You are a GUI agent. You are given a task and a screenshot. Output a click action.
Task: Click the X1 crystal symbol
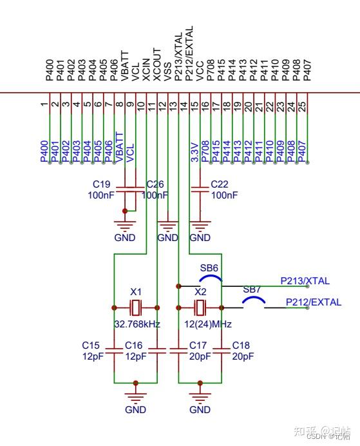point(135,307)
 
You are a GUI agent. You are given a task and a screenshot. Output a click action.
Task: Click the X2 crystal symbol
point(200,307)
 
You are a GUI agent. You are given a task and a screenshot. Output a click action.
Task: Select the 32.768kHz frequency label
point(137,324)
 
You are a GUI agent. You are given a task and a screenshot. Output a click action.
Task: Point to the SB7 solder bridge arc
point(253,300)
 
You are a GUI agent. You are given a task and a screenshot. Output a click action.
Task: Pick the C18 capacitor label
point(241,345)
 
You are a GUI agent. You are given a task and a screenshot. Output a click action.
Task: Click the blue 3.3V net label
point(194,153)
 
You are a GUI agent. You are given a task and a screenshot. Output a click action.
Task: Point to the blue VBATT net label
point(119,148)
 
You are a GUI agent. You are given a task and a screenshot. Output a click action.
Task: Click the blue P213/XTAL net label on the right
point(305,281)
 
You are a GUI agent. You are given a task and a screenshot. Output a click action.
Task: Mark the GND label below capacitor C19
point(125,237)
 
